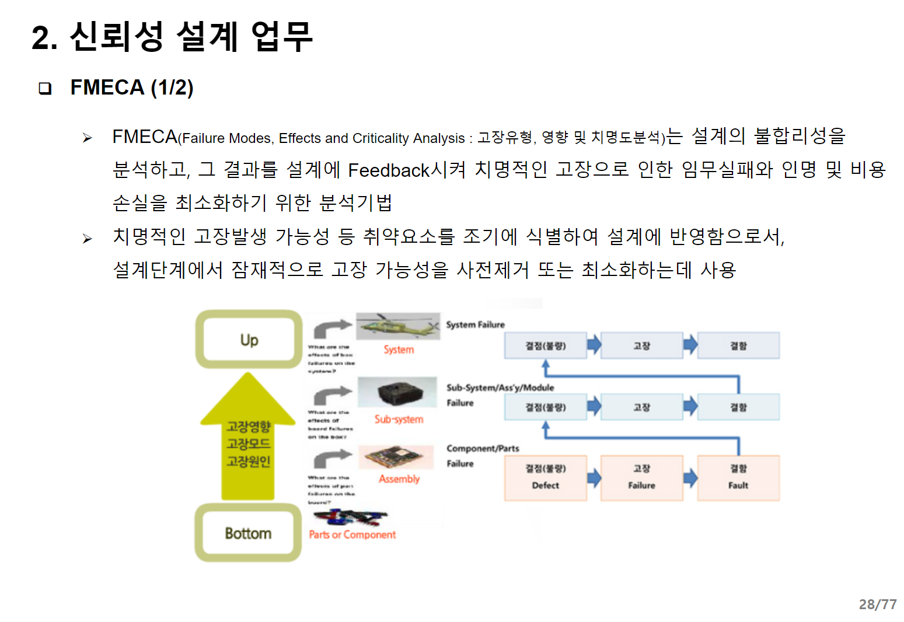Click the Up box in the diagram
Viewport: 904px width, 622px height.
tap(249, 340)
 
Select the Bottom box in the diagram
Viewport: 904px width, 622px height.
tap(248, 533)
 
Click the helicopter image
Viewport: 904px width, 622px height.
tap(398, 326)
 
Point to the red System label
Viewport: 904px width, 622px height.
tap(399, 350)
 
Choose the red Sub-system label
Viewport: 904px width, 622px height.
tap(399, 419)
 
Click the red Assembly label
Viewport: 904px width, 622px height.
tap(399, 479)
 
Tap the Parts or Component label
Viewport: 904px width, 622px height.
tap(352, 534)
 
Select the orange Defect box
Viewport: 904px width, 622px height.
tap(546, 478)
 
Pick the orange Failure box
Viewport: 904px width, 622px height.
tap(641, 478)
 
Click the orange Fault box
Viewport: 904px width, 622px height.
tap(738, 478)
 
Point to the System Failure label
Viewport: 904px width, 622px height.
tap(475, 324)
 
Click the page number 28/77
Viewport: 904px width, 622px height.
tap(877, 604)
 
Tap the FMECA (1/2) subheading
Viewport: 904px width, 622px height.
tap(132, 88)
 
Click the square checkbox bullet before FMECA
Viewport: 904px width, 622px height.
tap(45, 89)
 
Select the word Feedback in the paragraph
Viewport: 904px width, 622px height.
tap(389, 170)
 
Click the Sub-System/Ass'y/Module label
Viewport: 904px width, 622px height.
tap(500, 387)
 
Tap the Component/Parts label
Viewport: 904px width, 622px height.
tap(483, 448)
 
